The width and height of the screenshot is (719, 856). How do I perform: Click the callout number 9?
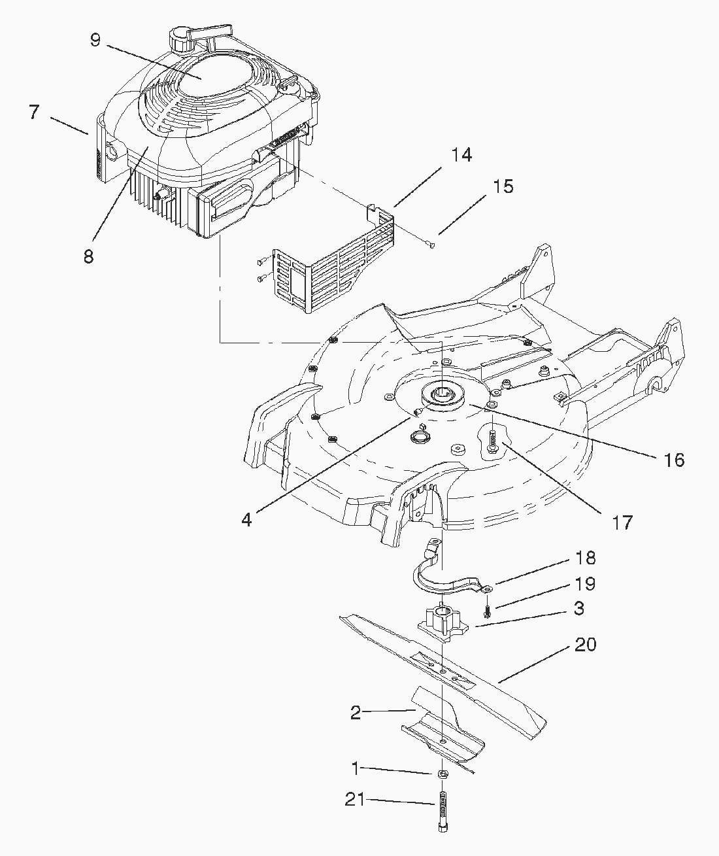coord(95,40)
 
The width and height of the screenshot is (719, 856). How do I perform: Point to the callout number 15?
coord(503,186)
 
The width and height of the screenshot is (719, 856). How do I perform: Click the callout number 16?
coord(674,460)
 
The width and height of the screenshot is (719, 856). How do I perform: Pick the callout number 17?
coord(623,522)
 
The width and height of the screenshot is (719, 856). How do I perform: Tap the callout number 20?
coord(585,645)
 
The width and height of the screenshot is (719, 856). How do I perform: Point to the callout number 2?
coord(356,712)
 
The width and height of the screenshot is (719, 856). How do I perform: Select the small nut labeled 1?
coord(443,774)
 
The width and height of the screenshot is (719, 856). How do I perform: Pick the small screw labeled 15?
coord(431,245)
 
